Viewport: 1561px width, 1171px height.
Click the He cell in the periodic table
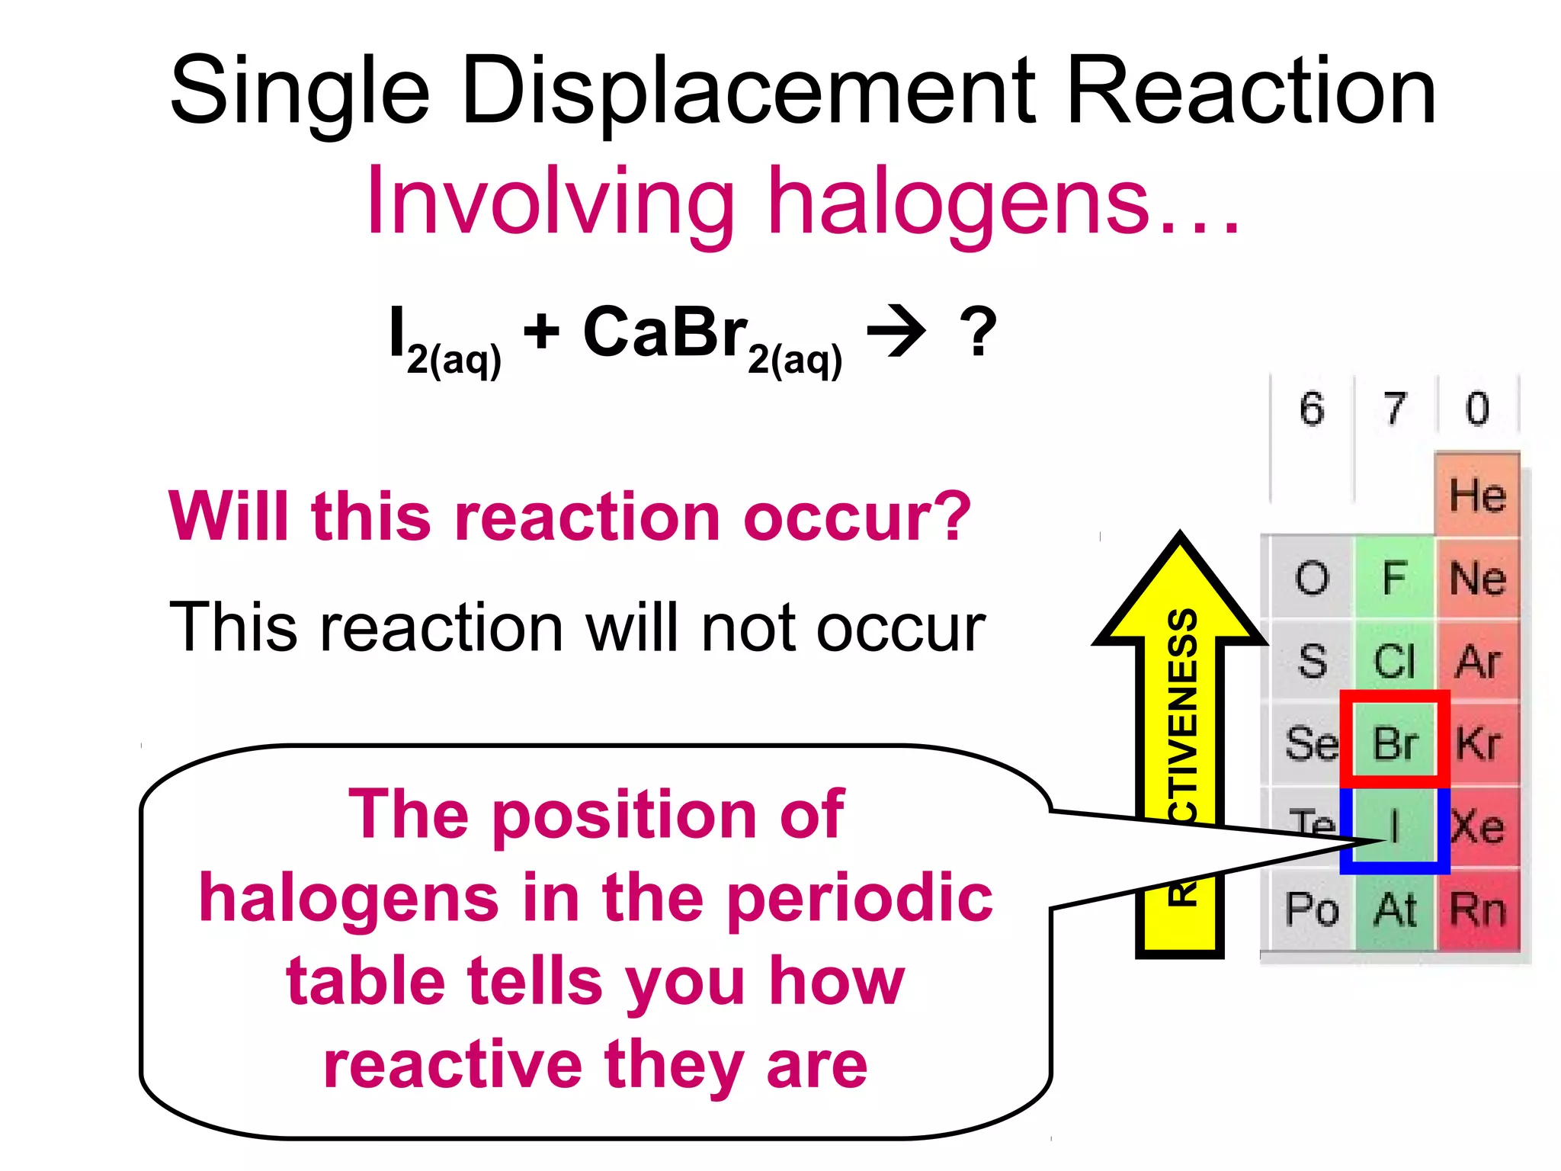(1477, 496)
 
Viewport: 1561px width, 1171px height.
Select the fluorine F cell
(1394, 578)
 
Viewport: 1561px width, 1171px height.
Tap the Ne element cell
(1477, 578)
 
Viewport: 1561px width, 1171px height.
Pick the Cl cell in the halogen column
(1394, 660)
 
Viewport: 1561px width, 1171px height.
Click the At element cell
(1394, 910)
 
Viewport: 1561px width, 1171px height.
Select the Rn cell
(1477, 910)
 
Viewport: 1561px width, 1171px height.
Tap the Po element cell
(1311, 910)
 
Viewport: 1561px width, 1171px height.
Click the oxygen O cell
(1311, 578)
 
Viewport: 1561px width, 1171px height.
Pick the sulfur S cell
(1311, 660)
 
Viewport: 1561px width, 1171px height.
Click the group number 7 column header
(1394, 409)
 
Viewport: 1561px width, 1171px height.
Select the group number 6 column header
(1312, 409)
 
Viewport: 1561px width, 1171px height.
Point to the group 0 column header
(1477, 409)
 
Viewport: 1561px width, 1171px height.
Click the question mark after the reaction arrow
(978, 332)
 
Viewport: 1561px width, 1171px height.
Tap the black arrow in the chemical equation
(896, 332)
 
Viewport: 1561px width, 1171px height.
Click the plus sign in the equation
(541, 332)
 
